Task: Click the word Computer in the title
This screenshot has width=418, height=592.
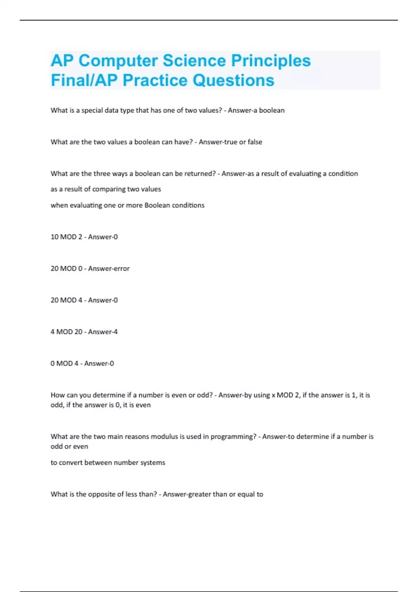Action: point(118,61)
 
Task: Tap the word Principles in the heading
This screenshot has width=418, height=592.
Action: point(271,61)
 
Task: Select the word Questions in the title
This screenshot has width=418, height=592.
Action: point(233,80)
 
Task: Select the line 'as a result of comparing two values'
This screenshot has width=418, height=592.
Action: point(106,189)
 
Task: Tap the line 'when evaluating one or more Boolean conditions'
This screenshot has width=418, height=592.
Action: point(127,205)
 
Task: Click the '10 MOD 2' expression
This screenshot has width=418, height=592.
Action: point(66,237)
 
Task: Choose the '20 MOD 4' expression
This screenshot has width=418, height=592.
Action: point(66,300)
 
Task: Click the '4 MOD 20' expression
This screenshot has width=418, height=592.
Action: point(66,332)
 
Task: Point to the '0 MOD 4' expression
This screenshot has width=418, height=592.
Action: point(64,364)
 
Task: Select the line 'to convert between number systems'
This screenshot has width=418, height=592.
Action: point(108,463)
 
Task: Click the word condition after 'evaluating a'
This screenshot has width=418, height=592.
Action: point(343,174)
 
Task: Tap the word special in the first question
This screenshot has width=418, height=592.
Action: point(92,110)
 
